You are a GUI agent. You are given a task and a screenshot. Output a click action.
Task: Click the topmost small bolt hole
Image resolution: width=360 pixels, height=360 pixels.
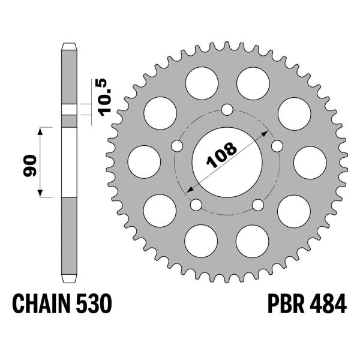(x=227, y=110)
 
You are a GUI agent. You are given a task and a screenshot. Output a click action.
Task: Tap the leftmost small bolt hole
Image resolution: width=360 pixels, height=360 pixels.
(x=176, y=146)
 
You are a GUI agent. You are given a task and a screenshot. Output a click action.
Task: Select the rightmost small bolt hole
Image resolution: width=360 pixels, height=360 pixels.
(x=277, y=146)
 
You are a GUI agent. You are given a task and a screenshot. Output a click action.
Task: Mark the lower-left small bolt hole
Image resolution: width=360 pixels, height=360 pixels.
(x=196, y=205)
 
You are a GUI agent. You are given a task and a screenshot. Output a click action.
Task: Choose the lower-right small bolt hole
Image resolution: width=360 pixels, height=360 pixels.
(x=258, y=205)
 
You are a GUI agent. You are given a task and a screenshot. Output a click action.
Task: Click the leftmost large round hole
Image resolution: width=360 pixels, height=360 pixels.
(x=145, y=163)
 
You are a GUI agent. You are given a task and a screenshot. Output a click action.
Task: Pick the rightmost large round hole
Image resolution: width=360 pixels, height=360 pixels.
(x=309, y=163)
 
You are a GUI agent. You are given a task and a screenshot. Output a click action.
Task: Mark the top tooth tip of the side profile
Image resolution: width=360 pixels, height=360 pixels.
(x=70, y=45)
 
